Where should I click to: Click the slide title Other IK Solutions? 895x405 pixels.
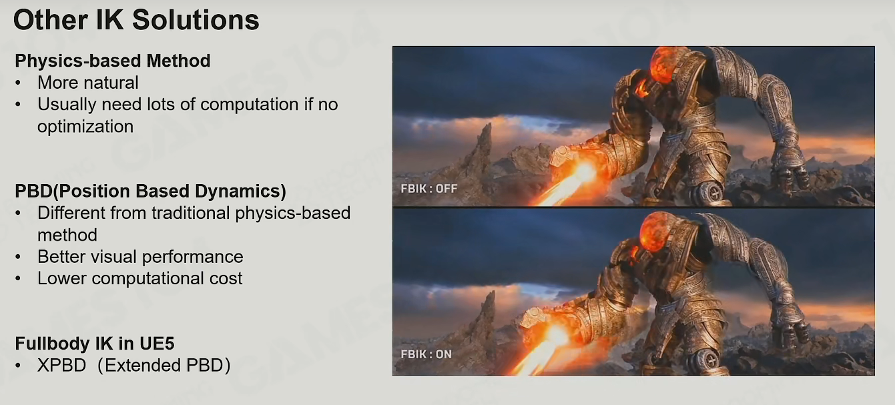point(136,20)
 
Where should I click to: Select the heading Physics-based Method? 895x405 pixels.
point(113,61)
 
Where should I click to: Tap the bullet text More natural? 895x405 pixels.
point(88,83)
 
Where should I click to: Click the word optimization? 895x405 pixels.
point(85,127)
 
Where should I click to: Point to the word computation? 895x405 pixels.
point(250,105)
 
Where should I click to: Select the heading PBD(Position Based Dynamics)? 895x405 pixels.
point(151,191)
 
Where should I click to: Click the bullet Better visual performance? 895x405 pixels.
point(140,257)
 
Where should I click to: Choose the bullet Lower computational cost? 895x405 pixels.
point(140,278)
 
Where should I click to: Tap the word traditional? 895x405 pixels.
point(190,213)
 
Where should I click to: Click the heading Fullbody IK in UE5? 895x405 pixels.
point(95,344)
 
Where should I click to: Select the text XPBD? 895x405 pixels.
point(62,366)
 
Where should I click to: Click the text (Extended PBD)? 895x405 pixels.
point(164,366)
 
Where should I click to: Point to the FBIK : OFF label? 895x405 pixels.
point(429,189)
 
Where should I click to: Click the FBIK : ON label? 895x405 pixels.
point(426,354)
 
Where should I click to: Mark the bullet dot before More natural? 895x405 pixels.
point(17,83)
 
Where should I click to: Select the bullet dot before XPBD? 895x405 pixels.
point(17,366)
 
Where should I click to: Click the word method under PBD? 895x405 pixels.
point(67,236)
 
